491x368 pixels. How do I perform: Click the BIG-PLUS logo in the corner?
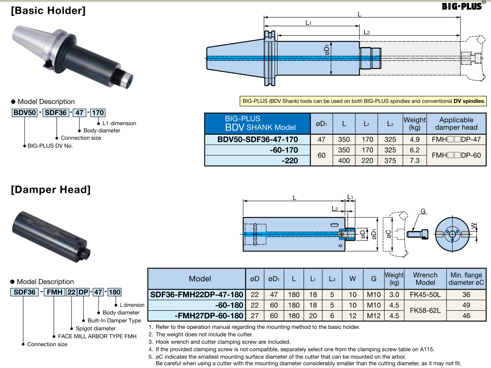tap(462, 6)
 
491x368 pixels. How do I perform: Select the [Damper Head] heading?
tap(51, 190)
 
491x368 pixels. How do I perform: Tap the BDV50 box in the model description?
tap(24, 113)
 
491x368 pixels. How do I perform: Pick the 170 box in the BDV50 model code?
tap(98, 113)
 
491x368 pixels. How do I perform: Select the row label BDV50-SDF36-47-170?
tap(257, 139)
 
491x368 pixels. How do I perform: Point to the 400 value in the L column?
tap(344, 161)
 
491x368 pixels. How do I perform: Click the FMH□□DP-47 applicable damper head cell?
tap(456, 139)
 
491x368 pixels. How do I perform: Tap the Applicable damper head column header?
tap(456, 124)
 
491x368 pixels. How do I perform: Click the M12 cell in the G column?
tap(374, 315)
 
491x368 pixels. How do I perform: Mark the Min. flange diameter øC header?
tap(466, 278)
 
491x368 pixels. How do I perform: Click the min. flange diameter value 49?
tap(466, 305)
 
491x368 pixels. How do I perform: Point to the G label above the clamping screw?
tap(423, 211)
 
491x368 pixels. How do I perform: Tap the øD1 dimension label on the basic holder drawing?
tap(327, 51)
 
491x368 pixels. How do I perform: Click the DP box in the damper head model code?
tap(83, 292)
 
